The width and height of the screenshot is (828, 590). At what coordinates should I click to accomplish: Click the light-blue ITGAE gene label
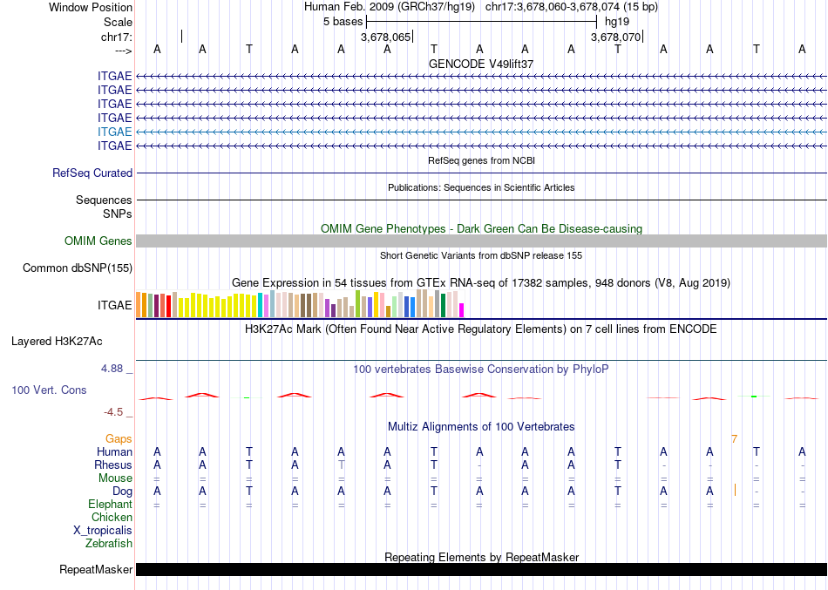[115, 132]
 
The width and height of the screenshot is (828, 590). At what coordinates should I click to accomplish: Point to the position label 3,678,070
[615, 37]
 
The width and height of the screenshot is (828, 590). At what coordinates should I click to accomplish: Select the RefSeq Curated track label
[92, 173]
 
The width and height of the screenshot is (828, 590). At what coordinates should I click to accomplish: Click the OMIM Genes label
[98, 241]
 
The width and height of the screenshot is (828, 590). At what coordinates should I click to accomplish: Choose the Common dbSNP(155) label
[78, 268]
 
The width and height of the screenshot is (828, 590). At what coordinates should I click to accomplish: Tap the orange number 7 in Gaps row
[734, 438]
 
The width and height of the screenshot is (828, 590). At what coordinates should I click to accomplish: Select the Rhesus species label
[113, 465]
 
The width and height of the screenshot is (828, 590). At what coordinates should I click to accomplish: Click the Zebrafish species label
[109, 544]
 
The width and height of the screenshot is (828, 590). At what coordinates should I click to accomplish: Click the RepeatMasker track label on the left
[96, 571]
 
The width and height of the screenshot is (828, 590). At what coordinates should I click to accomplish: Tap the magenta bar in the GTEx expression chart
[462, 309]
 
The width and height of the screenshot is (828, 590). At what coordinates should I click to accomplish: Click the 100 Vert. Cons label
[49, 390]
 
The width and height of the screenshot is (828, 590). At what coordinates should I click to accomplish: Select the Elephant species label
[111, 505]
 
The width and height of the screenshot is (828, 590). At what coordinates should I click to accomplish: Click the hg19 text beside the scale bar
[616, 21]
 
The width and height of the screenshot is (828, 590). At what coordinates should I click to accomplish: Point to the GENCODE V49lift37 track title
[481, 64]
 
